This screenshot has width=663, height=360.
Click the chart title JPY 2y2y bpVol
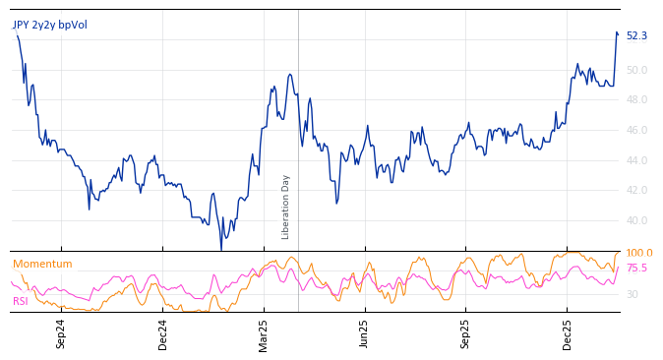49,25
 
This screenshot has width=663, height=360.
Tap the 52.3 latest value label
636,36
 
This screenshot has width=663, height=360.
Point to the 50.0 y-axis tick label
636,70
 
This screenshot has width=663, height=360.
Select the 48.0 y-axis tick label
636,100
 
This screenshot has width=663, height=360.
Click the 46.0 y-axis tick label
636,130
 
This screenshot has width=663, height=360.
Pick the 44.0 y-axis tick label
636,160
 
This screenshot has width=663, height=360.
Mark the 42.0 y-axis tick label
636,191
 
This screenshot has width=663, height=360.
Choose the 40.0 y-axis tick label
636,221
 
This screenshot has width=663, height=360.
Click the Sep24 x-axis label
61,333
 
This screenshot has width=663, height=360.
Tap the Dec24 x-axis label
163,333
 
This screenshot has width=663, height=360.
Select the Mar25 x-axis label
264,333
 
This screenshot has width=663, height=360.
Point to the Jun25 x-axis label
365,333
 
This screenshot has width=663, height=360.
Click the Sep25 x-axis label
466,333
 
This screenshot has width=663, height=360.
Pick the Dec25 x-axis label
568,333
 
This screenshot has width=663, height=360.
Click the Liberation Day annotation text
286,207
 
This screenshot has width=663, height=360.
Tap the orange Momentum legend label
42,264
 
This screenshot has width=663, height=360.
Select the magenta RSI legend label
21,301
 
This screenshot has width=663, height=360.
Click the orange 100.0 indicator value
639,254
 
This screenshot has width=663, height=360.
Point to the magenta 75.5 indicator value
636,268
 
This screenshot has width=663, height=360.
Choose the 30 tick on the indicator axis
632,295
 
